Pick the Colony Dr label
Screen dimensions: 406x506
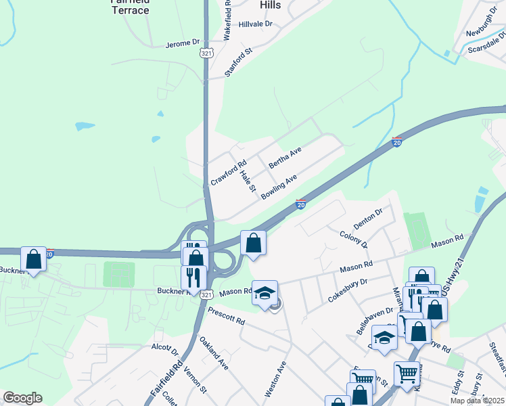point(354,240)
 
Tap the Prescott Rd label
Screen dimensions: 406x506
point(226,315)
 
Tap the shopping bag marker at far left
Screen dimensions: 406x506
point(33,258)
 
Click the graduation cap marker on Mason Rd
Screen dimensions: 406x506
point(265,292)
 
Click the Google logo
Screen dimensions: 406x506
point(22,398)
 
